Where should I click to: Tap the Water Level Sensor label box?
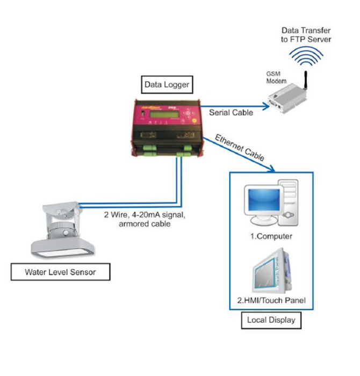60,272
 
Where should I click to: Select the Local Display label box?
271,321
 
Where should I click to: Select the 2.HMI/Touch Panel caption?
271,300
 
